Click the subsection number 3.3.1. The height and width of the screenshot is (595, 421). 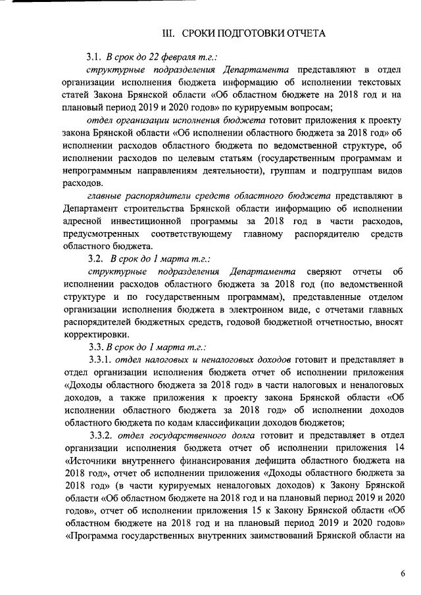(x=99, y=360)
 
